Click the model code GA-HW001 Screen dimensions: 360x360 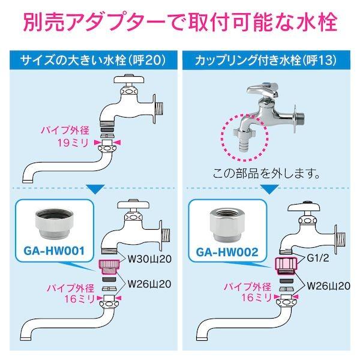(54, 251)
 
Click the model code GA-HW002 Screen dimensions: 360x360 (227, 253)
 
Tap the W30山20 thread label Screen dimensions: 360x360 (149, 259)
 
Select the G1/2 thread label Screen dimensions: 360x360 (318, 258)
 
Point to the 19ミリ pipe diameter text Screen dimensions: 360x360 (73, 143)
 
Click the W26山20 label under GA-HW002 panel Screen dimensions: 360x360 (329, 286)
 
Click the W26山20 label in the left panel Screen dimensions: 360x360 (149, 284)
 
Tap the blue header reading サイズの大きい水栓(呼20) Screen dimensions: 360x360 (94, 60)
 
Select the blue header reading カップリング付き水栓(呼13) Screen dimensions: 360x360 (266, 60)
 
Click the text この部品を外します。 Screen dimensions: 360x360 (266, 174)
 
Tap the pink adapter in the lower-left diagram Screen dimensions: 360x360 (109, 267)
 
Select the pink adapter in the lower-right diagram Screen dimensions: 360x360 (286, 266)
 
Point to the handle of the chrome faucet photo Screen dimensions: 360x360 (263, 91)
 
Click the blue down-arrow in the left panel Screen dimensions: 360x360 (96, 189)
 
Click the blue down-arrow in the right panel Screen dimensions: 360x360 (270, 189)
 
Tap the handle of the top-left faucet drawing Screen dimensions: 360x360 (129, 79)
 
